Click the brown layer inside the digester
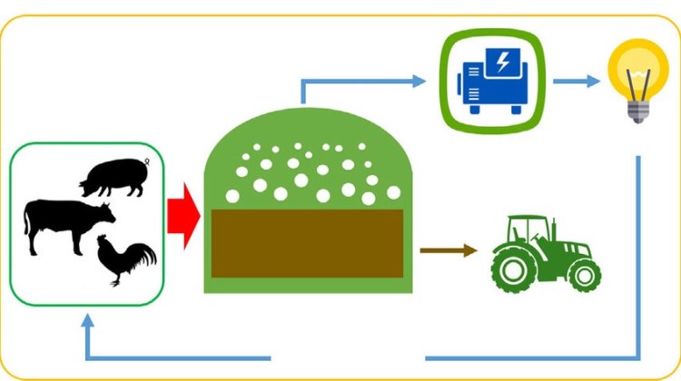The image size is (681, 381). tap(306, 240)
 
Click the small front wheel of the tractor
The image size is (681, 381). tap(585, 274)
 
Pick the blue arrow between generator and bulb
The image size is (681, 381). tap(577, 82)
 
